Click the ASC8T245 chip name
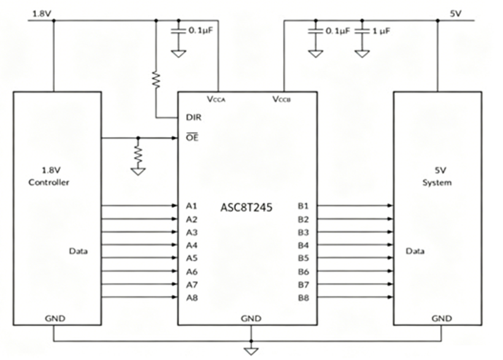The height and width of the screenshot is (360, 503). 247,207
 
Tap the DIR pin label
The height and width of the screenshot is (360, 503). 194,117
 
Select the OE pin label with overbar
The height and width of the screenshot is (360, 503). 192,137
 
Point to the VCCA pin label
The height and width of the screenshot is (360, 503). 216,99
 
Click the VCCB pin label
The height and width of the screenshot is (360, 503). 282,99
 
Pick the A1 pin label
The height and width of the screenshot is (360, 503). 191,205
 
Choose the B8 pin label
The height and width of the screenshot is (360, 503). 304,298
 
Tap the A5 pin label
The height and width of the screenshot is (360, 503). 191,258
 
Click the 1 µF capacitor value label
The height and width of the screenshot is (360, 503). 382,31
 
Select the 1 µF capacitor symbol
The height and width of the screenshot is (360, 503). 362,31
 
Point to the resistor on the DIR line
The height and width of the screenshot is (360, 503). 156,80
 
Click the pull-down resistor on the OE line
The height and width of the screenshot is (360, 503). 138,155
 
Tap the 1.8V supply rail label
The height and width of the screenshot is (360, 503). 42,13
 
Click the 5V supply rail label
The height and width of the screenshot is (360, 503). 456,13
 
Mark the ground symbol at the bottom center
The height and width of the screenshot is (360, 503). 251,351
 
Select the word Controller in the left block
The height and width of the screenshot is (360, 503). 48,182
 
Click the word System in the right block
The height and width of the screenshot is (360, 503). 437,183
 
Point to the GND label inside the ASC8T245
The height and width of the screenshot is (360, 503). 251,319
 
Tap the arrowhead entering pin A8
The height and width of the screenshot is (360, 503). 174,297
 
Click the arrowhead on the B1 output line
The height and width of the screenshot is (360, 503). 390,205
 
